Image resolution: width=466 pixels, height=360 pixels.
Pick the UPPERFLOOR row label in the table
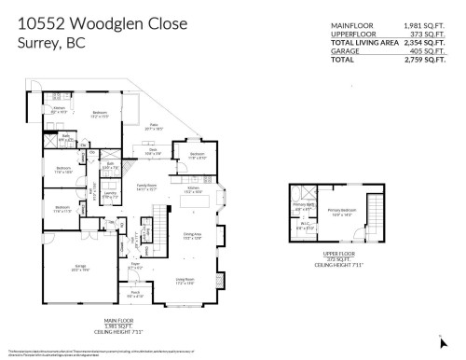[349, 34]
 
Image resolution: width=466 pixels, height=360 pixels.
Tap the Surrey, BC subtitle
[51, 44]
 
